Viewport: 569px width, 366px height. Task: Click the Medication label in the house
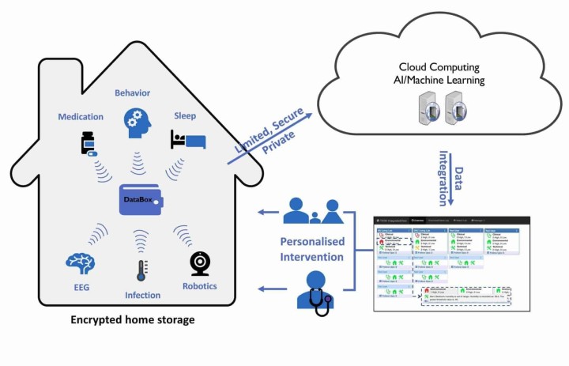pos(81,117)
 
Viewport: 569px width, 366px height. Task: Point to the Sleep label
pos(185,115)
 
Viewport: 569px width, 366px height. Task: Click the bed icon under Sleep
pos(187,140)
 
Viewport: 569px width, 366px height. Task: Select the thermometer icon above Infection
pos(141,272)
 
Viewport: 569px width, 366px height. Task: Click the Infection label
pos(141,296)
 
